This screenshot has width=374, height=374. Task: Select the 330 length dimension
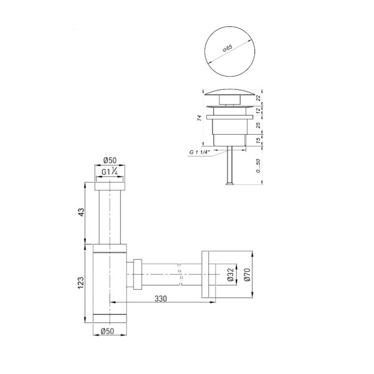161,299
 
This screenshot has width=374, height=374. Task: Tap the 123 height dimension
81,282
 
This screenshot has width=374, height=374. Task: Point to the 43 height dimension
81,212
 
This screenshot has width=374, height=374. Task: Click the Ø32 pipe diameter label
231,274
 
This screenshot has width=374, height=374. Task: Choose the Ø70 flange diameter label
247,274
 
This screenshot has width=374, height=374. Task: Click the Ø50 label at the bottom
107,331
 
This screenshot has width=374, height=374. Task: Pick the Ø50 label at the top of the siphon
110,161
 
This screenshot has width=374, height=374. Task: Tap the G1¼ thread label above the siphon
110,171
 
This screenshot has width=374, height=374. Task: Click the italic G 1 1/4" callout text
199,152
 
